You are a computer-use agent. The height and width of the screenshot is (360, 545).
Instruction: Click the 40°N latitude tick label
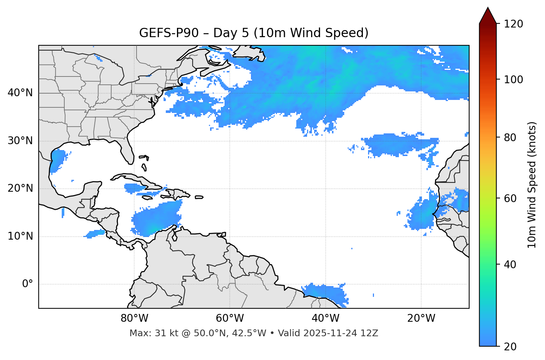pyautogui.click(x=20, y=93)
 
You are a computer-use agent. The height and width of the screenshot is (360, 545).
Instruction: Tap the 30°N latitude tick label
pyautogui.click(x=20, y=141)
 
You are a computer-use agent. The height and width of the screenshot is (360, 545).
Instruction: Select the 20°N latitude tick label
pyautogui.click(x=20, y=189)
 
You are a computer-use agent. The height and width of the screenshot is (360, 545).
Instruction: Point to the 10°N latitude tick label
pyautogui.click(x=20, y=236)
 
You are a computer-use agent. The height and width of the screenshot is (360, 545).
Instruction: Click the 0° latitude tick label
pyautogui.click(x=28, y=284)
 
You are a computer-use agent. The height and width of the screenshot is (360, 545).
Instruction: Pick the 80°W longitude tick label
pyautogui.click(x=134, y=318)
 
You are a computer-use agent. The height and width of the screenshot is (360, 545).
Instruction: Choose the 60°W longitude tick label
pyautogui.click(x=230, y=318)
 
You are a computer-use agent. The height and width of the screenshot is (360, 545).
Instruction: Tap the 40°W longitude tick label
pyautogui.click(x=326, y=318)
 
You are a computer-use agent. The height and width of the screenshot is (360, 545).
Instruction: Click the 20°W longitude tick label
pyautogui.click(x=421, y=318)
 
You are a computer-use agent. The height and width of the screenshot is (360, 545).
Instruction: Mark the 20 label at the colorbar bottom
pyautogui.click(x=510, y=347)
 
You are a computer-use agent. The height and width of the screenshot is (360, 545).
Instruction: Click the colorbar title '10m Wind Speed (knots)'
pyautogui.click(x=532, y=185)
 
